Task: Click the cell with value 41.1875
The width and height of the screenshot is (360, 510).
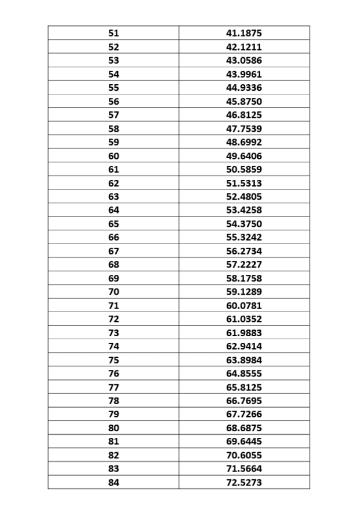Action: (244, 33)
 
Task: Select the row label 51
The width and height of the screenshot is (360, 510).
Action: (114, 33)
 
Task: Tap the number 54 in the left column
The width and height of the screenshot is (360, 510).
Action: (114, 74)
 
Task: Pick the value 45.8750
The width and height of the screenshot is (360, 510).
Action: (244, 101)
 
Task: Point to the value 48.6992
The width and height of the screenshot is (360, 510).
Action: (244, 142)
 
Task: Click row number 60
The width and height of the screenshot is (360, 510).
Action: (114, 156)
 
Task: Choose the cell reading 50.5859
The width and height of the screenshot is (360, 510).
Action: (244, 170)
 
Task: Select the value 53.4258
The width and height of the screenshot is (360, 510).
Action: (244, 210)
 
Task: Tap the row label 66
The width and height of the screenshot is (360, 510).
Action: (114, 238)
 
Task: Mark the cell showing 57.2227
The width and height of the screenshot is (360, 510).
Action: (244, 265)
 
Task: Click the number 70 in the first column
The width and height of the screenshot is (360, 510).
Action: (114, 292)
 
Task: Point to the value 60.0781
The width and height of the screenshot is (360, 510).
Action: (244, 306)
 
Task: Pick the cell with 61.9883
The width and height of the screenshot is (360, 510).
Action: (244, 333)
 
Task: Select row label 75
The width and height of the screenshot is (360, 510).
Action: (114, 360)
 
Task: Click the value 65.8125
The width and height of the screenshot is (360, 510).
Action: (244, 387)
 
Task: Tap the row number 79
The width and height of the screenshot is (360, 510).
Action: (114, 414)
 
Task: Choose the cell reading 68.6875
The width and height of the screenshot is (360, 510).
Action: (244, 428)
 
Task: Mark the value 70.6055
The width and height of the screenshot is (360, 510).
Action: (244, 455)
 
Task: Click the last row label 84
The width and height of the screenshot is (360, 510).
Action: (114, 482)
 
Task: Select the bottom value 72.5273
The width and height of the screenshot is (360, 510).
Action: (244, 482)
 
